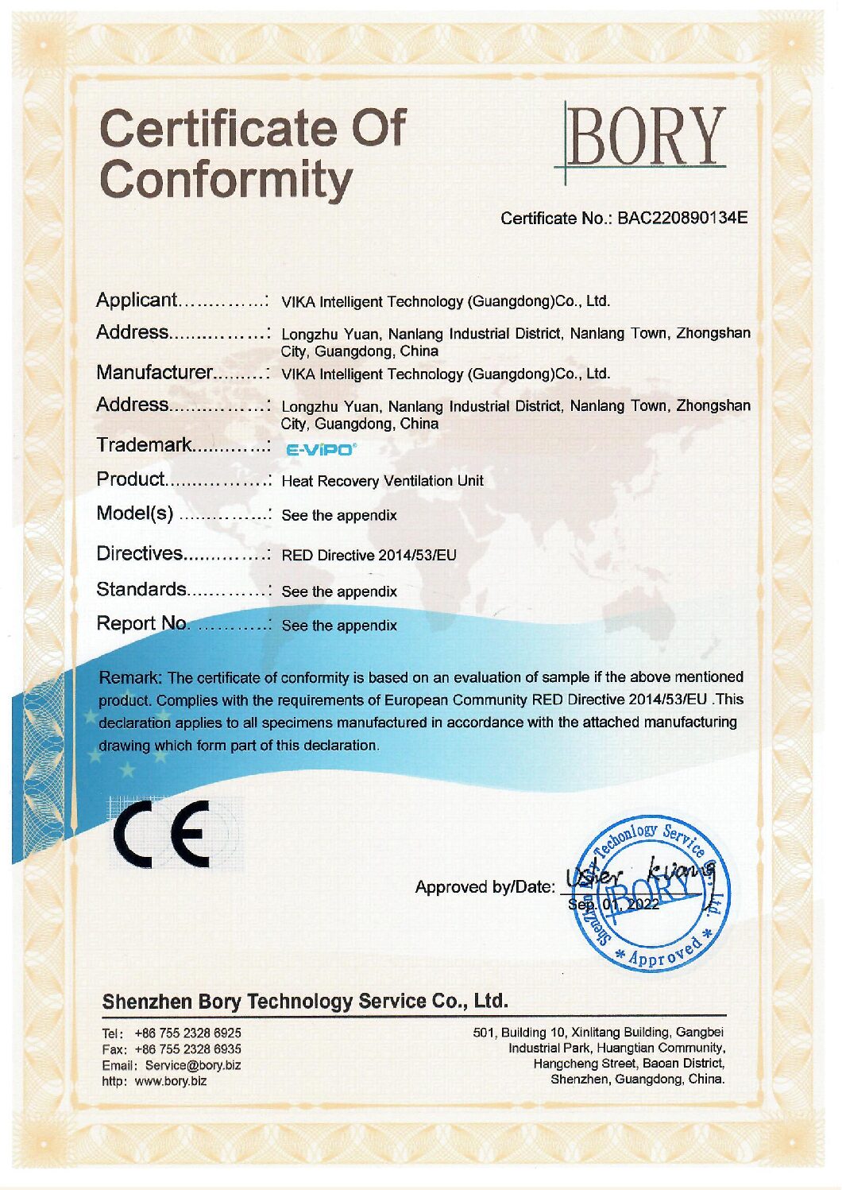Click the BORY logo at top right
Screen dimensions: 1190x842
[x=644, y=137]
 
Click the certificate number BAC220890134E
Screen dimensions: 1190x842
[x=682, y=218]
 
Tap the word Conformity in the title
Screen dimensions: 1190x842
[x=226, y=180]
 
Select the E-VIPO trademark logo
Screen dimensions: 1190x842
[x=320, y=450]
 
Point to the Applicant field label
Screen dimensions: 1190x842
[x=136, y=300]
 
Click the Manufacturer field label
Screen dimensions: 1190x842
[x=154, y=373]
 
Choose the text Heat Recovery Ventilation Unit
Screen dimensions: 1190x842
[x=382, y=481]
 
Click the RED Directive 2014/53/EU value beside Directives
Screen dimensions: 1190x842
[x=369, y=555]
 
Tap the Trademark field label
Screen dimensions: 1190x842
[x=144, y=445]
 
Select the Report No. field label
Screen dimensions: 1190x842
[x=143, y=624]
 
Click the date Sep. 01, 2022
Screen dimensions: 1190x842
[x=613, y=905]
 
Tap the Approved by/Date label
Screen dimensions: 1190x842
[x=485, y=886]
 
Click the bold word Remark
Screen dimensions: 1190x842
[x=129, y=678]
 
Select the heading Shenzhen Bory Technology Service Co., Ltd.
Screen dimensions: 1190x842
[x=304, y=1001]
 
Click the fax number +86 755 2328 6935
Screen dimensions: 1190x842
[x=187, y=1049]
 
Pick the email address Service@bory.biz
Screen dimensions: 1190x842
[x=193, y=1065]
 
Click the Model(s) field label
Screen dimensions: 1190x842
[x=134, y=514]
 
